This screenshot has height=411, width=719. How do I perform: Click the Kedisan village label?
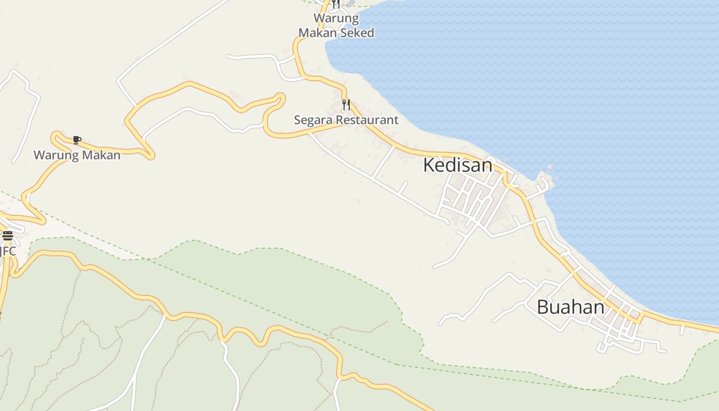click(x=458, y=165)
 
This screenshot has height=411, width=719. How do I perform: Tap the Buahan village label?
click(x=570, y=307)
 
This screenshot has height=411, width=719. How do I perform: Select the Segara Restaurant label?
click(x=346, y=120)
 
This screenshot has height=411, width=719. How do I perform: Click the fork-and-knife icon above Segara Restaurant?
click(x=346, y=105)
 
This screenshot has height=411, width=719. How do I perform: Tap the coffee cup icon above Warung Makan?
click(x=77, y=140)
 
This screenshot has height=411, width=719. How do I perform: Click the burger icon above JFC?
click(x=8, y=236)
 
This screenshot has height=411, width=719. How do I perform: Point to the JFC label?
click(x=8, y=251)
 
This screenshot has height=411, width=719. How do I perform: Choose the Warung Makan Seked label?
click(x=336, y=26)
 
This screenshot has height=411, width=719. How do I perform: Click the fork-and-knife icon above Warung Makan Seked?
click(x=335, y=4)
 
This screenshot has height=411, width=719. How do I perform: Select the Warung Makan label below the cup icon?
click(x=77, y=155)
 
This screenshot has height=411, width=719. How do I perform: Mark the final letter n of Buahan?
click(x=598, y=308)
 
